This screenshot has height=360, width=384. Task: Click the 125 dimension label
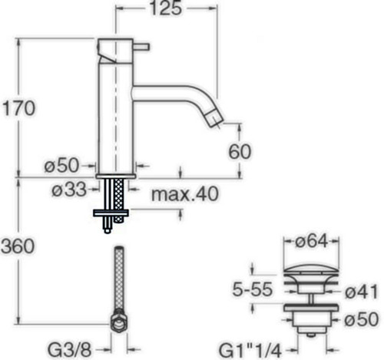click(x=166, y=8)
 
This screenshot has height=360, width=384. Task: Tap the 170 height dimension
click(x=18, y=108)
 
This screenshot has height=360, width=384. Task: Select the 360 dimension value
click(x=18, y=246)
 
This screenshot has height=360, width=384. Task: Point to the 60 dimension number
click(x=240, y=151)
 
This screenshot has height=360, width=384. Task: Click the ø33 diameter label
click(x=69, y=190)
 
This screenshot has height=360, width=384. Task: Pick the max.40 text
click(x=185, y=194)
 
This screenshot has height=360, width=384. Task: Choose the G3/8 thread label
click(x=69, y=350)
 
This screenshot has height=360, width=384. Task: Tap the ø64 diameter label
click(x=311, y=241)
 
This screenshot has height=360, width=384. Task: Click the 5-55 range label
click(x=252, y=289)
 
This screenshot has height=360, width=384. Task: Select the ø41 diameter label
click(x=361, y=292)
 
